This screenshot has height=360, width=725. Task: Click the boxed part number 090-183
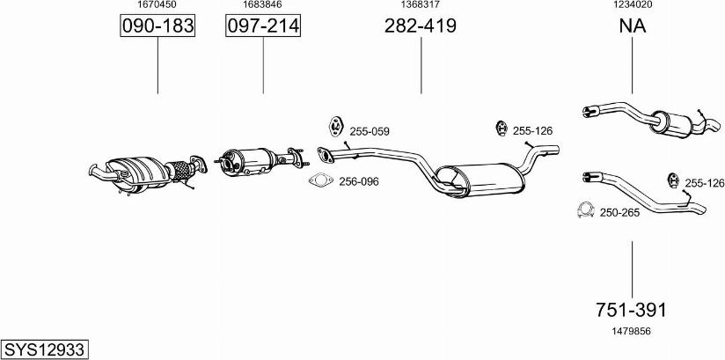click(x=157, y=27)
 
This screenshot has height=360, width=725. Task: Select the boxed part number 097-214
click(x=263, y=27)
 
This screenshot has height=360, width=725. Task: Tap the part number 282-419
click(x=420, y=26)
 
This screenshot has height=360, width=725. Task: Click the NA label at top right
click(x=632, y=26)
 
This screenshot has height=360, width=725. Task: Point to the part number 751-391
click(x=632, y=310)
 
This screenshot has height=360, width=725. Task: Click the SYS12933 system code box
click(x=43, y=349)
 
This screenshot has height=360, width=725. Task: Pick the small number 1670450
click(x=157, y=5)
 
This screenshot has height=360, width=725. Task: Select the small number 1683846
click(x=262, y=5)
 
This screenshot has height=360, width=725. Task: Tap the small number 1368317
click(x=420, y=5)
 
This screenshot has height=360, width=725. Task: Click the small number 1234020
click(x=632, y=5)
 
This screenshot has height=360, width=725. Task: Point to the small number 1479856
click(x=632, y=331)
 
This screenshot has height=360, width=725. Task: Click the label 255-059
click(x=369, y=131)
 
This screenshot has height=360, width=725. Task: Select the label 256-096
click(x=358, y=182)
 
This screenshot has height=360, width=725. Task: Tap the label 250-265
click(x=619, y=212)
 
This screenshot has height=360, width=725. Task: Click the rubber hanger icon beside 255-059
click(x=335, y=126)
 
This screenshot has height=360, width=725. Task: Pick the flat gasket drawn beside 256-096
click(x=320, y=181)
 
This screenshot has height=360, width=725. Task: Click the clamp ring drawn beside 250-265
click(x=582, y=210)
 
